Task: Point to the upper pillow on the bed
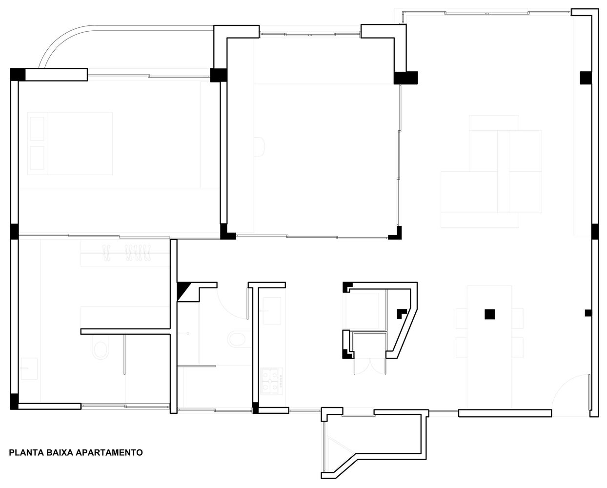pyautogui.click(x=37, y=129)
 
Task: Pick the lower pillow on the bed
pyautogui.click(x=37, y=158)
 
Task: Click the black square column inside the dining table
pyautogui.click(x=490, y=314)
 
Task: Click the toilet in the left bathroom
pyautogui.click(x=101, y=350)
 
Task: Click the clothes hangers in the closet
pyautogui.click(x=127, y=252)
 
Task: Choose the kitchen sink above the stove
pyautogui.click(x=272, y=310)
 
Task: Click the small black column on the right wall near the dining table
pyautogui.click(x=588, y=313)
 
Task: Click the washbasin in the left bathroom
pyautogui.click(x=29, y=368)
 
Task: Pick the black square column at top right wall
pyautogui.click(x=586, y=78)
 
